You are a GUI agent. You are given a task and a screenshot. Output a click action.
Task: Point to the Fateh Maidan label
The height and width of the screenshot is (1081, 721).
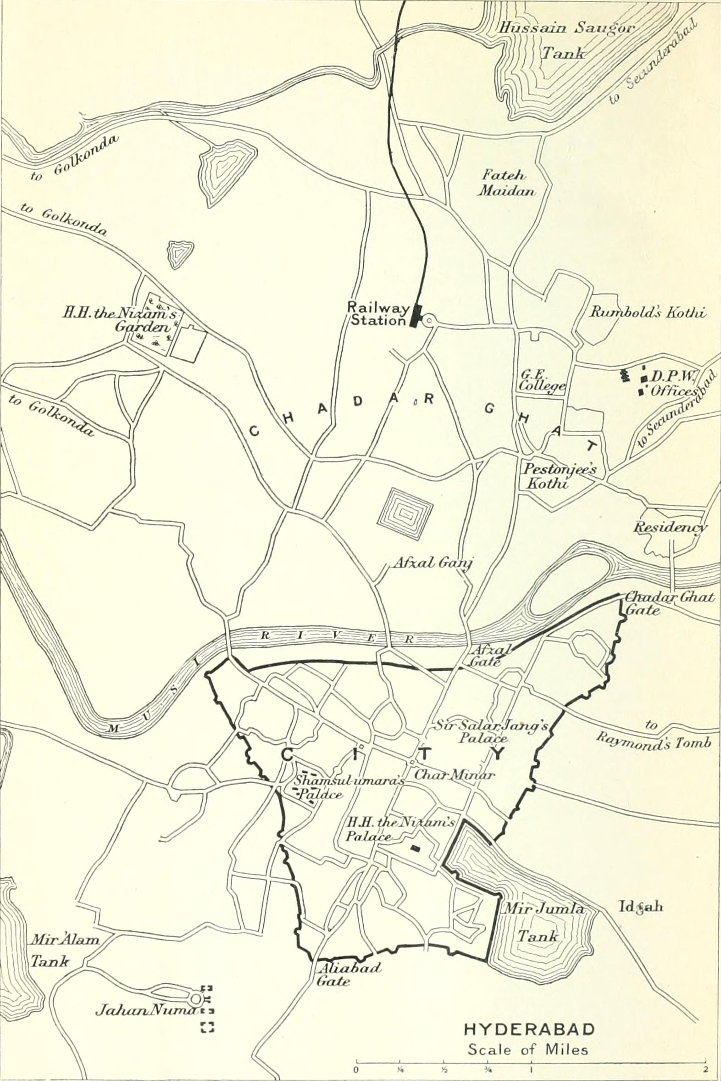click(x=505, y=183)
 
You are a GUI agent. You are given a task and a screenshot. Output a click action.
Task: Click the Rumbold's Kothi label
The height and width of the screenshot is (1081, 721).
click(x=647, y=312)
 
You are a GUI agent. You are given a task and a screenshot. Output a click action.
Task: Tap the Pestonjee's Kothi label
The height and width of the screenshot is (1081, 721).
click(x=558, y=476)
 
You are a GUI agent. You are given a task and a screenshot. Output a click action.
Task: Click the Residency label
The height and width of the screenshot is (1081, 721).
click(x=669, y=527)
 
